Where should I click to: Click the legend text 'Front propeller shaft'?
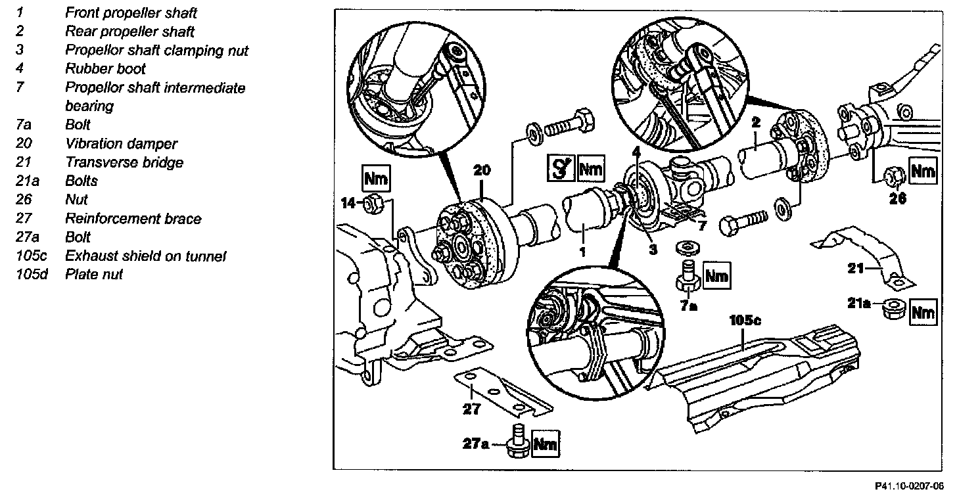pyautogui.click(x=131, y=12)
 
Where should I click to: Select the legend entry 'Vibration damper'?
pyautogui.click(x=121, y=143)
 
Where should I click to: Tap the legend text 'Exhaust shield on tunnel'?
pyautogui.click(x=145, y=256)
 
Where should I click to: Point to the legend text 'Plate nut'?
pyautogui.click(x=93, y=274)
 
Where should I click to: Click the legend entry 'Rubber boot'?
pyautogui.click(x=105, y=68)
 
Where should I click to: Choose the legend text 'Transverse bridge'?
pyautogui.click(x=124, y=162)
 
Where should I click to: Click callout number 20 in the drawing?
pyautogui.click(x=482, y=170)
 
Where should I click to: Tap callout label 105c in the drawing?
pyautogui.click(x=745, y=321)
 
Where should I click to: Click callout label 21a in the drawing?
pyautogui.click(x=858, y=304)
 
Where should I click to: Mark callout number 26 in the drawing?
pyautogui.click(x=898, y=197)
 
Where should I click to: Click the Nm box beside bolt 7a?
pyautogui.click(x=716, y=276)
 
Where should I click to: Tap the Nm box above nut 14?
pyautogui.click(x=375, y=178)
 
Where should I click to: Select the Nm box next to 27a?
pyautogui.click(x=544, y=445)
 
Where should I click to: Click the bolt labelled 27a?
pyautogui.click(x=516, y=442)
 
